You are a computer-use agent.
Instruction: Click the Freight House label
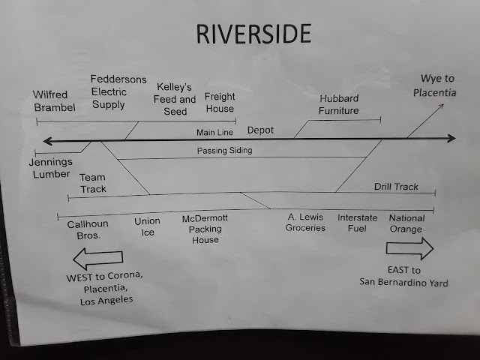click(x=220, y=103)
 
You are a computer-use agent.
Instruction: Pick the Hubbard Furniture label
click(x=339, y=104)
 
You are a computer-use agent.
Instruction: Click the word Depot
click(x=260, y=130)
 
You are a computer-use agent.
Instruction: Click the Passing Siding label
click(x=225, y=151)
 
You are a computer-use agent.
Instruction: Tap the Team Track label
click(x=93, y=184)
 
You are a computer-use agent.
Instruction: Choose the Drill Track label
click(x=396, y=187)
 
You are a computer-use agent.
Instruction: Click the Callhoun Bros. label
click(x=89, y=229)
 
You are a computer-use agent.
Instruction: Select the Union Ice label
click(x=147, y=227)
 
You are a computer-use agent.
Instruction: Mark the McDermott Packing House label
click(x=205, y=229)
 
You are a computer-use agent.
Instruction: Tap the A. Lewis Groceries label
click(x=306, y=223)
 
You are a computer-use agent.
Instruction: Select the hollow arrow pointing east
click(x=409, y=248)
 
